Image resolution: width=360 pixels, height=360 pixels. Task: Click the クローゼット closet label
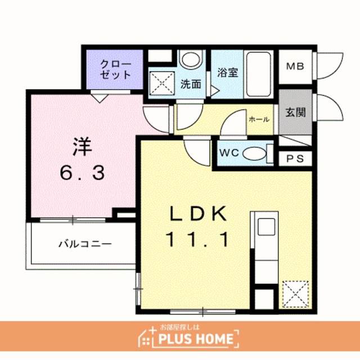tap(115, 69)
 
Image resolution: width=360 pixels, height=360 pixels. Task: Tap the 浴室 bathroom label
tap(227, 73)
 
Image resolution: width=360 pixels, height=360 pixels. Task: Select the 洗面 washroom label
tap(191, 84)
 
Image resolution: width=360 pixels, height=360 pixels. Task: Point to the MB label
tap(295, 66)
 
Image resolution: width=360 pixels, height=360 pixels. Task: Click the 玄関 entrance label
tap(295, 112)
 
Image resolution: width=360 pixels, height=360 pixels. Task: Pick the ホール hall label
tap(259, 119)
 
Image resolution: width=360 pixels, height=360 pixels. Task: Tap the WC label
tap(229, 152)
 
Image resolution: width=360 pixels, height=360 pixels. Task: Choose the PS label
tap(295, 159)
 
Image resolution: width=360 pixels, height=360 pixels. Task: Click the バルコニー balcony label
tap(85, 244)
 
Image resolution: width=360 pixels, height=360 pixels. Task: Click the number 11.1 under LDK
tap(199, 239)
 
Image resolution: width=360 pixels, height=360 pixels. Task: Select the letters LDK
tap(198, 214)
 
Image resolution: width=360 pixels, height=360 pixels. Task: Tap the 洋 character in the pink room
tap(82, 147)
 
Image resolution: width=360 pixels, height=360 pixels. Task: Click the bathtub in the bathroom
tap(259, 74)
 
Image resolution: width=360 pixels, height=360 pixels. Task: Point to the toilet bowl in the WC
tap(254, 154)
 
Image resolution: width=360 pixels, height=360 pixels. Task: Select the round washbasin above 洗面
tap(191, 59)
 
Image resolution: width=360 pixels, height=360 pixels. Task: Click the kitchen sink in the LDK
tap(266, 227)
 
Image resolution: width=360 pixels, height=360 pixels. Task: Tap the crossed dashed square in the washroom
tap(162, 83)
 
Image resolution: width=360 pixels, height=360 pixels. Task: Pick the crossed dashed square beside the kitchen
tap(295, 294)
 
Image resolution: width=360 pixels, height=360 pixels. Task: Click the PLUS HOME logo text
tap(196, 339)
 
